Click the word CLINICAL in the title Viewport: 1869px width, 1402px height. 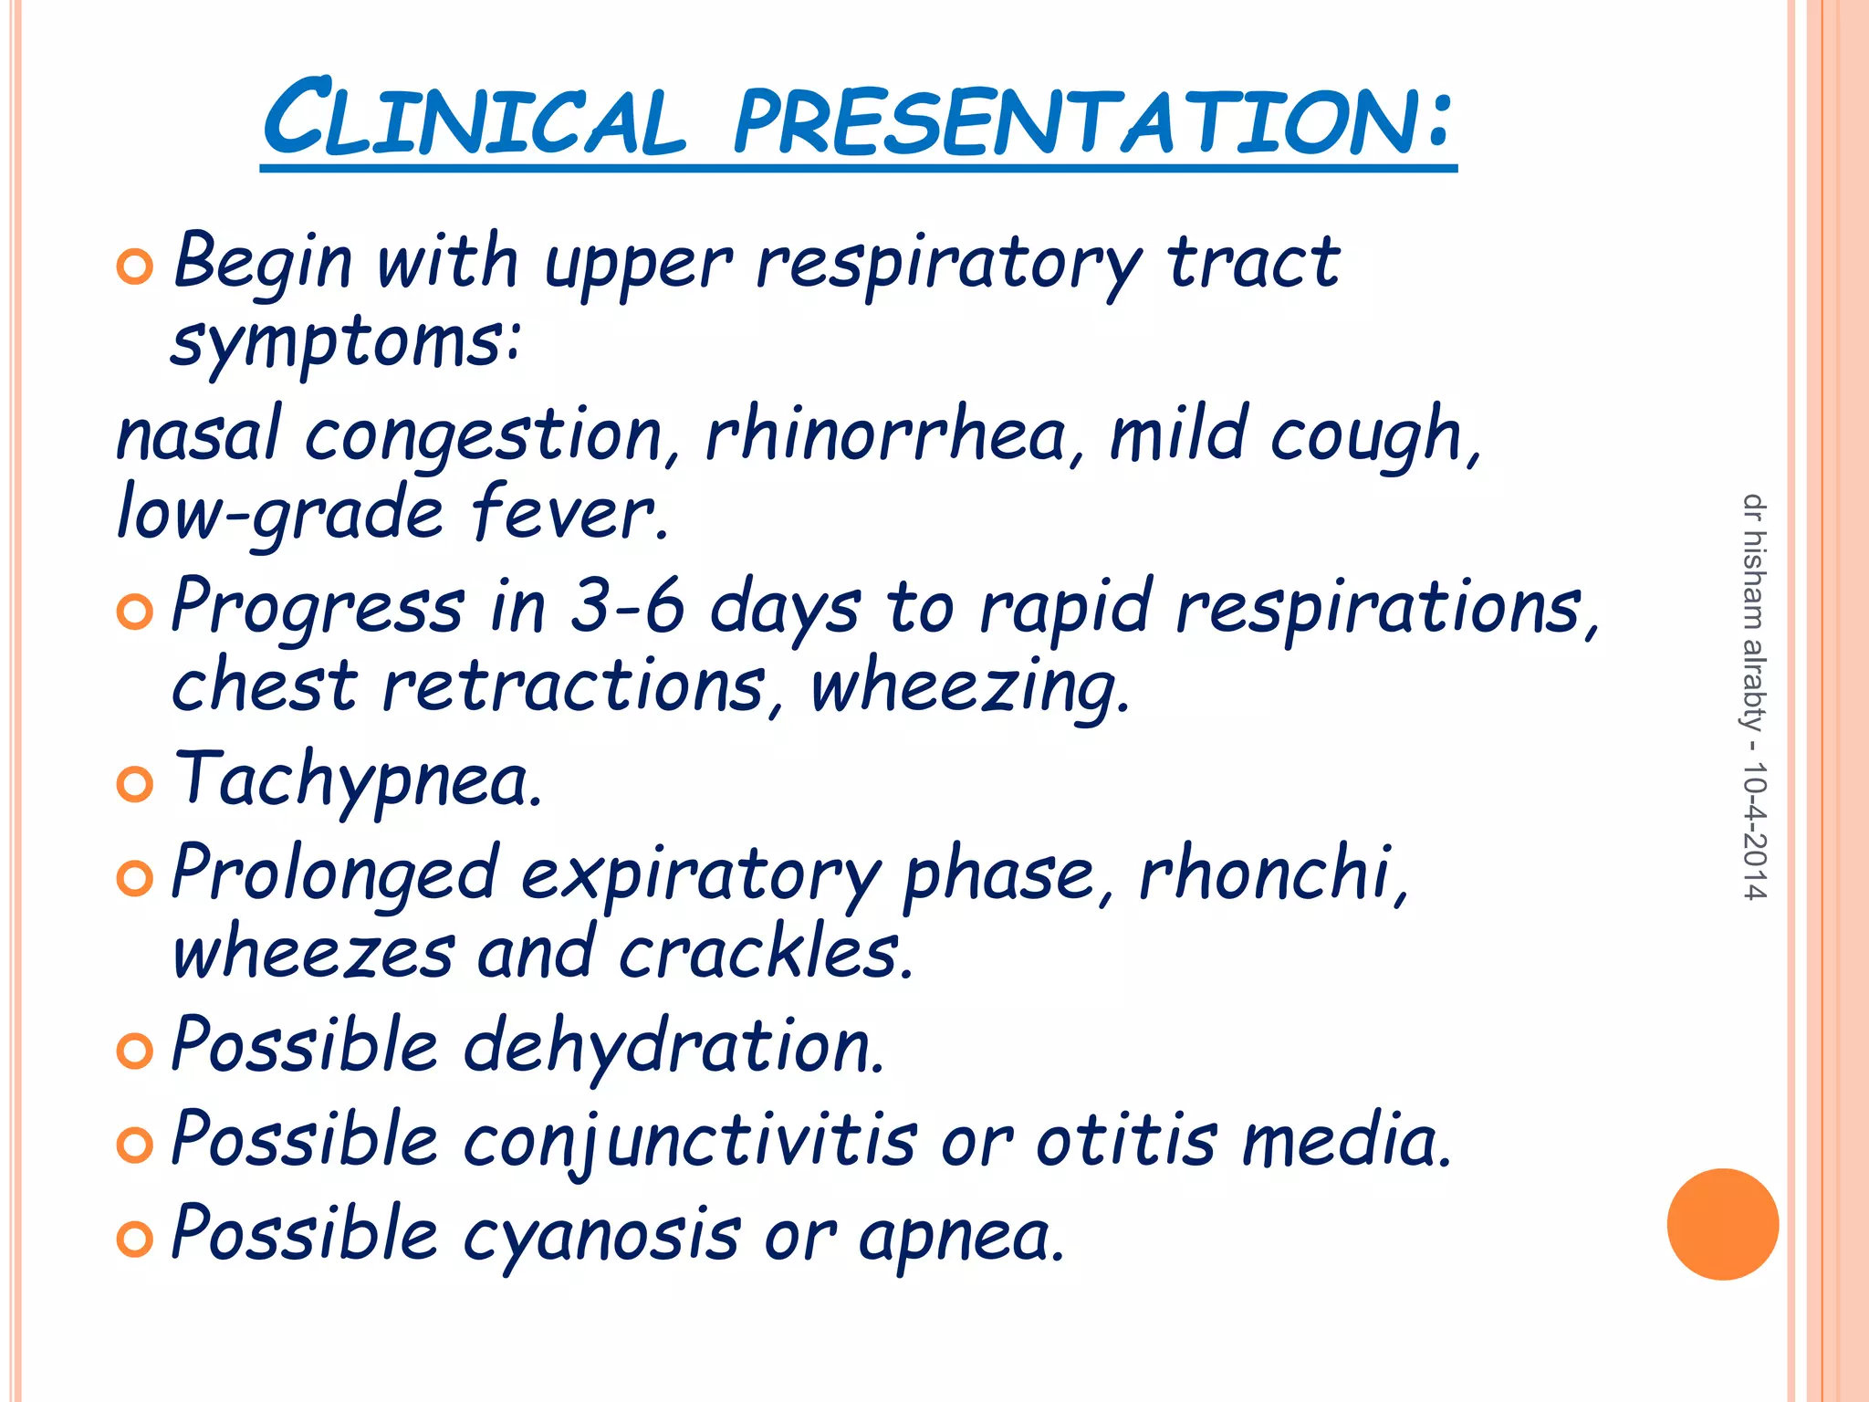474,120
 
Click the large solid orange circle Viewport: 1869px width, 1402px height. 1722,1224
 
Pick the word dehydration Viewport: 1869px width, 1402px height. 674,1045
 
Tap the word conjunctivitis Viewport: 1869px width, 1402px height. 690,1141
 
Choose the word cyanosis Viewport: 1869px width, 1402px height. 601,1236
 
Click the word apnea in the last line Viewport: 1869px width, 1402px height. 962,1236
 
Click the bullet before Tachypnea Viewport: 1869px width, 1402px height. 135,783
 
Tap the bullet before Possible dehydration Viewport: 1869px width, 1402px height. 135,1051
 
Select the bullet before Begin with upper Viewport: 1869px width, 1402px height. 135,267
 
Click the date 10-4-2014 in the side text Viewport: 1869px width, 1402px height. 1754,830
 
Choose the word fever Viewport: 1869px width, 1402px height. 569,514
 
